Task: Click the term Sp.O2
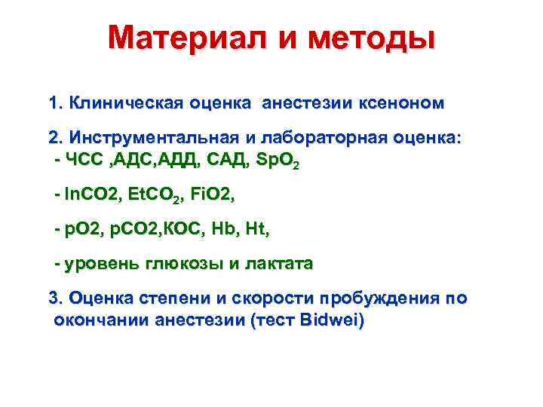coord(278,161)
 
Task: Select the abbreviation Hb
coord(225,231)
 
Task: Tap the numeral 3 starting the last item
coord(54,298)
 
